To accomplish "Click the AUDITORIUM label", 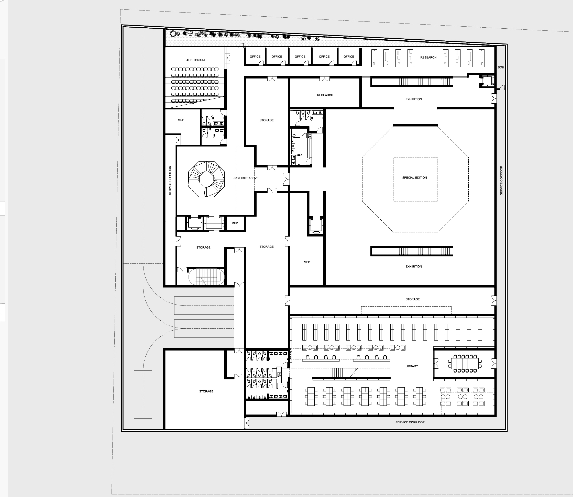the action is point(195,60).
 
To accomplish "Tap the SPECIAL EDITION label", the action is point(414,177).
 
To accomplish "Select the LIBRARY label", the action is point(411,366).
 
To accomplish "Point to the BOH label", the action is point(501,67).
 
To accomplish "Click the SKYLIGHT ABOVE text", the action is point(246,178).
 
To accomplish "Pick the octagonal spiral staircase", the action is point(206,179).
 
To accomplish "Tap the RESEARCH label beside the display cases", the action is point(428,58).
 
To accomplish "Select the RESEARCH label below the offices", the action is point(325,95).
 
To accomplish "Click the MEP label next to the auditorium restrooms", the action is point(181,120).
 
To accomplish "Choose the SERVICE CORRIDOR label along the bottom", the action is point(410,422).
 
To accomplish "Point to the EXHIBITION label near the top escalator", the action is point(413,99).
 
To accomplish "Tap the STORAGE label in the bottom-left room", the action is point(206,391).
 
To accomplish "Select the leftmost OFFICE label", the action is point(255,57).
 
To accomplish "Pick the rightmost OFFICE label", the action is point(349,57).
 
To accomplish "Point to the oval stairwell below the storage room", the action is point(206,277).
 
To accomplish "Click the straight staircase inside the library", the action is point(344,372).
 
